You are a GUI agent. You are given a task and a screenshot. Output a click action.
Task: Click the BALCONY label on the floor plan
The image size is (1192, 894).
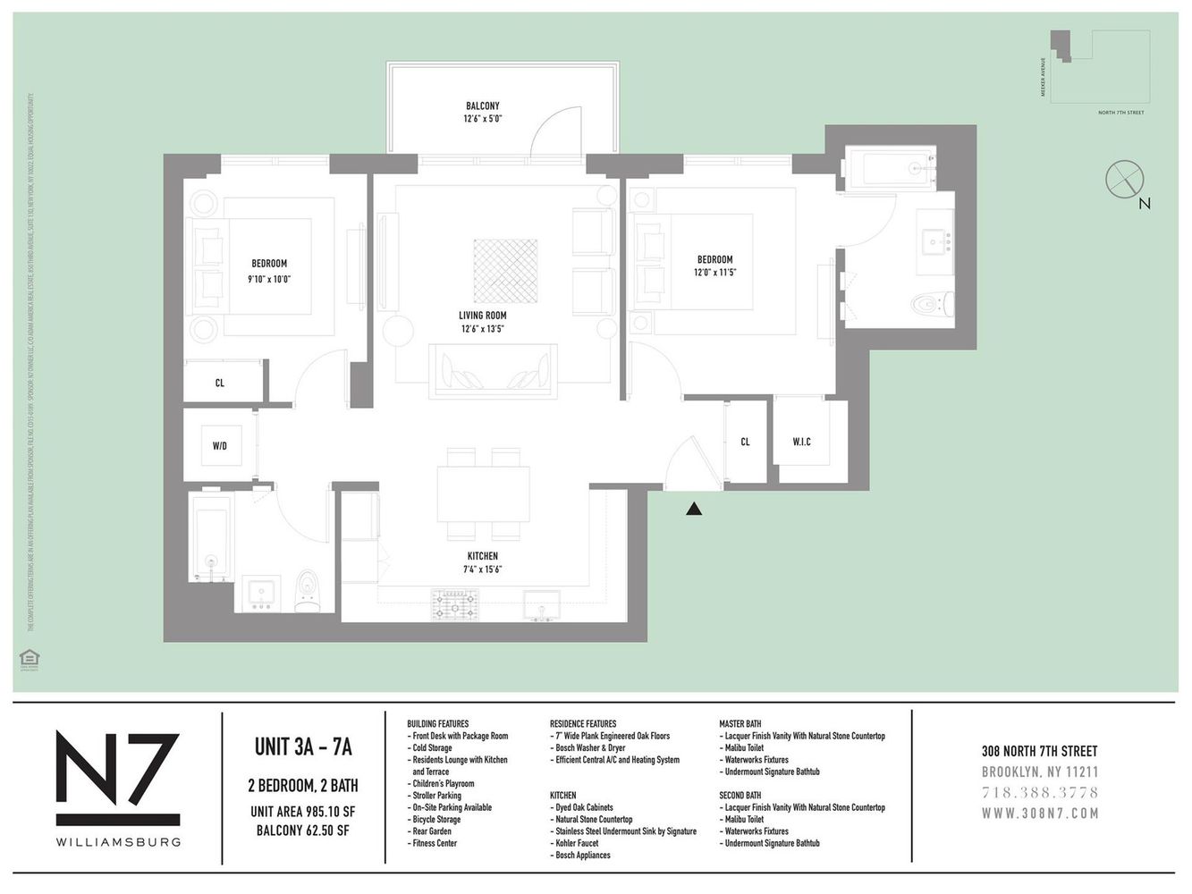(x=482, y=105)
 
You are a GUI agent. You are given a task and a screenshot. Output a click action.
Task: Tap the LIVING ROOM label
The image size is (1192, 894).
(x=483, y=316)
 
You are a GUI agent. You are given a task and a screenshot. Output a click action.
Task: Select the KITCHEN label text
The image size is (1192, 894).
(x=480, y=556)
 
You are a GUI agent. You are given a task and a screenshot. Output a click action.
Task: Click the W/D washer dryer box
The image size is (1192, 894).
(x=220, y=445)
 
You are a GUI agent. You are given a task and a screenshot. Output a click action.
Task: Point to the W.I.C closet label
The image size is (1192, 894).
(x=801, y=442)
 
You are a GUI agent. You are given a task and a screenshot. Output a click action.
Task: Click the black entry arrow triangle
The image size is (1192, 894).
(x=694, y=510)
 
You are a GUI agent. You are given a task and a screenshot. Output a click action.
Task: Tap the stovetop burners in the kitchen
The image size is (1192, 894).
(x=455, y=604)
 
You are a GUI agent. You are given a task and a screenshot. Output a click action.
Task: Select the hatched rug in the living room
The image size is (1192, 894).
(x=506, y=270)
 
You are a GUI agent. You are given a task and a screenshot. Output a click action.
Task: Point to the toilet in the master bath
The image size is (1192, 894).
(x=932, y=306)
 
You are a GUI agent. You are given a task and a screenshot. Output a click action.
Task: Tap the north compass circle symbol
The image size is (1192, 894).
(x=1124, y=179)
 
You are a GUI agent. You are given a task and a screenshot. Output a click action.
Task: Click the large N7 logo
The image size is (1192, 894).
(x=117, y=778)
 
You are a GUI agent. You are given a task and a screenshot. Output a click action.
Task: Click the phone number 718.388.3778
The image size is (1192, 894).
(x=1039, y=792)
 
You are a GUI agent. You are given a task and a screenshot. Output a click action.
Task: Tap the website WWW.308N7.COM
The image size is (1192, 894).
(x=1039, y=814)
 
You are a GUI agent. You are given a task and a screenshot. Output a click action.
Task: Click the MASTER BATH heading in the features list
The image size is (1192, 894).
(x=740, y=723)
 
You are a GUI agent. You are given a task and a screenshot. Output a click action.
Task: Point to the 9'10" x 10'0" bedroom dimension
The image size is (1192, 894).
(x=268, y=279)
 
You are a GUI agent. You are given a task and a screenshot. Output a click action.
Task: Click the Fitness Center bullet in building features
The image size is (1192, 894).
(x=434, y=843)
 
